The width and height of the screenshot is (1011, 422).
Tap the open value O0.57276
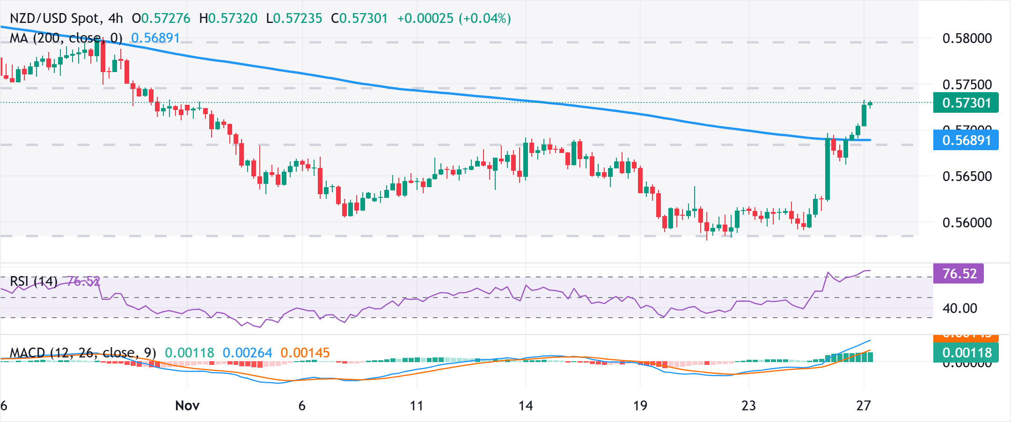[x=161, y=18]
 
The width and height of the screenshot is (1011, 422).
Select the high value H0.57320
[x=228, y=18]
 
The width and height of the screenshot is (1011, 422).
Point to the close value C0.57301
[x=359, y=18]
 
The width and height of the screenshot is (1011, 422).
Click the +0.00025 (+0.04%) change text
[x=454, y=18]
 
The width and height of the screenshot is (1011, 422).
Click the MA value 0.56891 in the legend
[x=155, y=38]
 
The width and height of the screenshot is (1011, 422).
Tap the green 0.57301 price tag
[x=966, y=103]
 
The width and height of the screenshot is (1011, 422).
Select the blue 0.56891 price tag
[x=966, y=140]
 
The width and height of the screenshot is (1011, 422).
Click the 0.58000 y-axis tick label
[x=967, y=38]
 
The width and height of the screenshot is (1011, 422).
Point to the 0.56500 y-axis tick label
[x=967, y=176]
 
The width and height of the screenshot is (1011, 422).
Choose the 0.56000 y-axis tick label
[x=967, y=223]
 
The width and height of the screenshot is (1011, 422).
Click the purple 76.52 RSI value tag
[x=959, y=274]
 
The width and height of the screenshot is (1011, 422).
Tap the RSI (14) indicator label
[x=34, y=281]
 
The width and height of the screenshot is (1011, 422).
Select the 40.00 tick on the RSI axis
[x=959, y=308]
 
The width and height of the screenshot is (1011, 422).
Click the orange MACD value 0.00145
[x=305, y=353]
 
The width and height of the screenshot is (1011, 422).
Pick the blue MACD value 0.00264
[x=247, y=353]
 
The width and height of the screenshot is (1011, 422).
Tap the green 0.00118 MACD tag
[x=966, y=353]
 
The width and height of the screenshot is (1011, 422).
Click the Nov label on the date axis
[x=187, y=406]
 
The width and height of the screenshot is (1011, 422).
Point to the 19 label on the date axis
[x=640, y=406]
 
